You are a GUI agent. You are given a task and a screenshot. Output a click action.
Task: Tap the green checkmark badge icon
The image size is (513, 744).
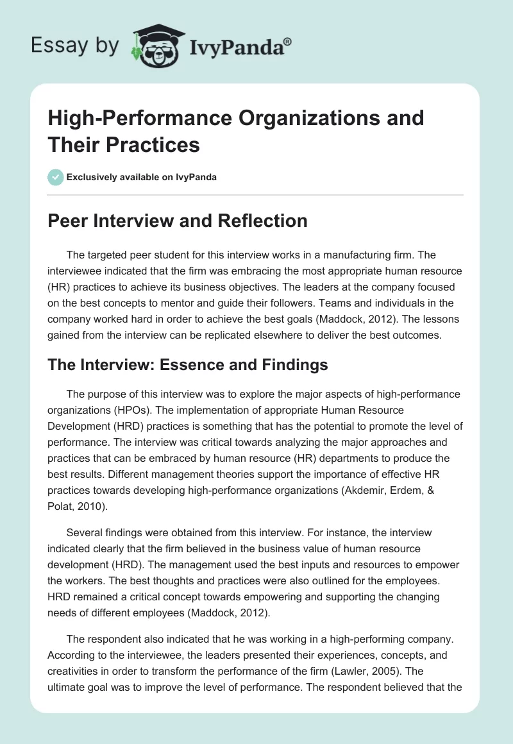click(56, 177)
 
